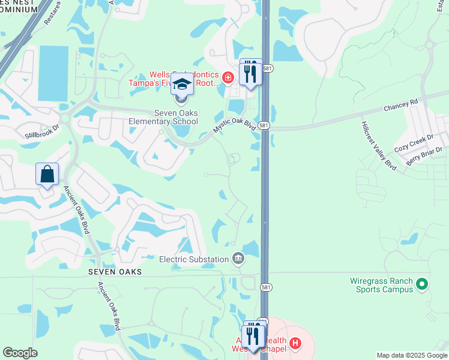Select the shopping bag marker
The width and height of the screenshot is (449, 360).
coord(47,175)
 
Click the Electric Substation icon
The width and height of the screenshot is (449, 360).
coord(238,259)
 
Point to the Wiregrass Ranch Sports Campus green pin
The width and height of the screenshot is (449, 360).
coord(422,283)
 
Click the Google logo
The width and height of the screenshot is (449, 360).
coord(20,353)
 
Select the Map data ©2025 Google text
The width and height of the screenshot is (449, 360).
coord(411,355)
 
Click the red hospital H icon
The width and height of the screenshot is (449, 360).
coord(295,344)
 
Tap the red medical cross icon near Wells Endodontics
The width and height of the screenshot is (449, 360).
coord(228,77)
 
